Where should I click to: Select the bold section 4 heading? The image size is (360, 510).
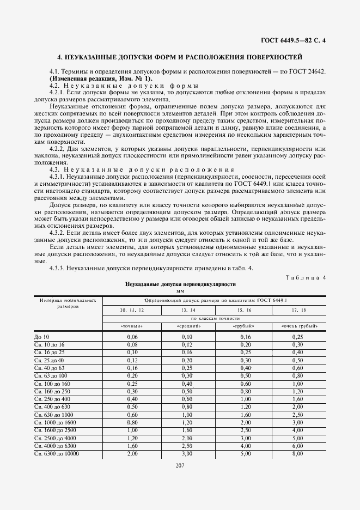(180, 57)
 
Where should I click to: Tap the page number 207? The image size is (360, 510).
(180, 465)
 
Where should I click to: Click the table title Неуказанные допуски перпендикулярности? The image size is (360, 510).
(180, 284)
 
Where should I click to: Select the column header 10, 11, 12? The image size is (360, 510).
(131, 309)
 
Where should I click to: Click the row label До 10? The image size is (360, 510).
(41, 337)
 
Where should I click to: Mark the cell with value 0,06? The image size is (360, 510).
(131, 337)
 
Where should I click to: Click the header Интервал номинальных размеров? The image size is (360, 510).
(68, 303)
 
